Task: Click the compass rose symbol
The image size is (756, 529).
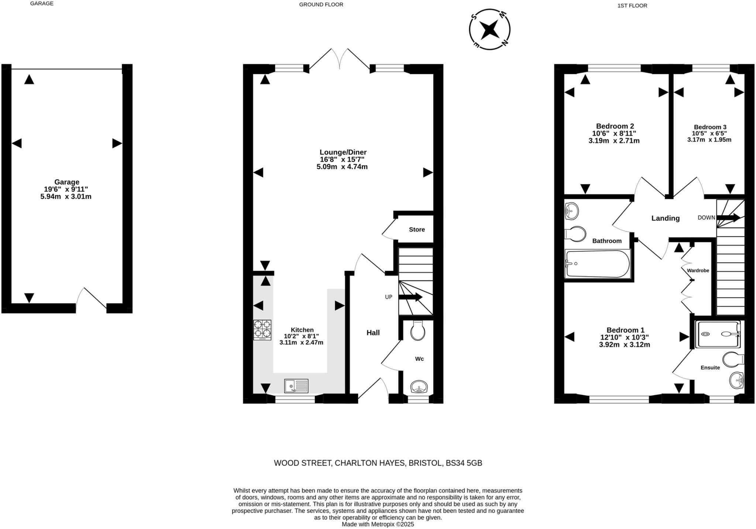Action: pos(489,29)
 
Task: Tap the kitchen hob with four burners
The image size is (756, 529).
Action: pos(262,330)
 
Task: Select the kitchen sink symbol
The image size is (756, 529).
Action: pos(296,386)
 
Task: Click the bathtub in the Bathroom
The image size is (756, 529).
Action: pos(597,264)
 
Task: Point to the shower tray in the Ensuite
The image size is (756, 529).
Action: pos(718,334)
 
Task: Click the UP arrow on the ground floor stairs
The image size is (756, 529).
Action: pos(410,297)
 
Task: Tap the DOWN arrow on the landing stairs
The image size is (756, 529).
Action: pos(728,217)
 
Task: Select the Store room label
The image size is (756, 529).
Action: pos(417,229)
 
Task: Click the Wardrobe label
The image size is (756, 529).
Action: pos(698,271)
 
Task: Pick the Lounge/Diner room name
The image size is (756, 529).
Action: pos(343,152)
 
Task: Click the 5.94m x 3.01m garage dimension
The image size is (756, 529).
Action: pos(66,197)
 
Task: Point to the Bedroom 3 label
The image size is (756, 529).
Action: pos(710,127)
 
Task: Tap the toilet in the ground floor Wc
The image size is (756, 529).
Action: pos(417,331)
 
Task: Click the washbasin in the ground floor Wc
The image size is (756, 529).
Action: pos(419,387)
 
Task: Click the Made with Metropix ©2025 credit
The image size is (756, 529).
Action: pos(378,524)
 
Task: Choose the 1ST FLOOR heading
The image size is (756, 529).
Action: pos(632,6)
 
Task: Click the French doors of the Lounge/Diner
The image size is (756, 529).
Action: pos(340,59)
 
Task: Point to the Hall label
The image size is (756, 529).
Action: pos(373,333)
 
